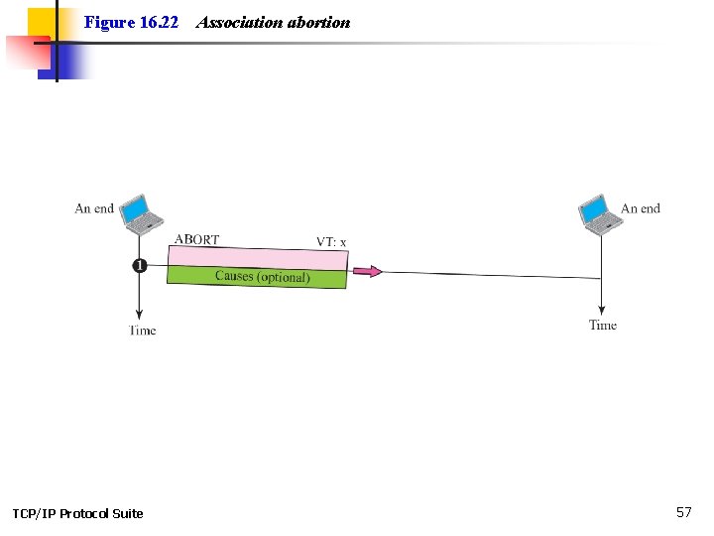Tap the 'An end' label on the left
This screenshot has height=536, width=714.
[94, 208]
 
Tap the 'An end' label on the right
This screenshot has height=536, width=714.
[641, 208]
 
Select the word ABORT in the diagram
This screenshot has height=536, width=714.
[196, 239]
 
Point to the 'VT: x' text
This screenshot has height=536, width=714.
[331, 241]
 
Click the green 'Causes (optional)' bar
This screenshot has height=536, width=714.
[258, 277]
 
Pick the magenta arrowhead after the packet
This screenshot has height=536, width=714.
[369, 270]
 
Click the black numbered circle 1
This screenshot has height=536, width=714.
[139, 265]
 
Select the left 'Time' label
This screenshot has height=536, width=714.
[142, 331]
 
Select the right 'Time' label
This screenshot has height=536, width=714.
[602, 326]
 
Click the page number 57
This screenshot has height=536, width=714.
[683, 512]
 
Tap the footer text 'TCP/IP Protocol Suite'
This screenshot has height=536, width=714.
[77, 513]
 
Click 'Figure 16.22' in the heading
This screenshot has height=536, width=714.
[131, 22]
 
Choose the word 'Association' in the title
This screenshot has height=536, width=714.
[240, 22]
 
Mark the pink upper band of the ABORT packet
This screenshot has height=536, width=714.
[258, 256]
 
